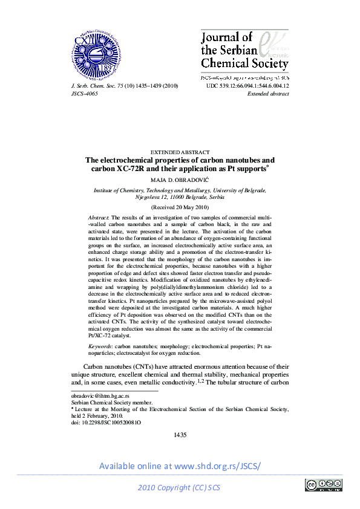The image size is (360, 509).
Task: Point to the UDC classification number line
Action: click(x=247, y=86)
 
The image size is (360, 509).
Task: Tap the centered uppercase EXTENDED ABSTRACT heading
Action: click(x=180, y=152)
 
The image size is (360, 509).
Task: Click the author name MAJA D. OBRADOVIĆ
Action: click(x=180, y=180)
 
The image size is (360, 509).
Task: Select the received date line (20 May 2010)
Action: click(x=180, y=206)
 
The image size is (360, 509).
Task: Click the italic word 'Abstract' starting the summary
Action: click(x=99, y=216)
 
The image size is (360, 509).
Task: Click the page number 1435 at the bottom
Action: click(x=180, y=435)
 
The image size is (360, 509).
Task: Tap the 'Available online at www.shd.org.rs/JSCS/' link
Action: click(x=180, y=466)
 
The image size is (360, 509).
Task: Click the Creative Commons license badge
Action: click(x=324, y=484)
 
